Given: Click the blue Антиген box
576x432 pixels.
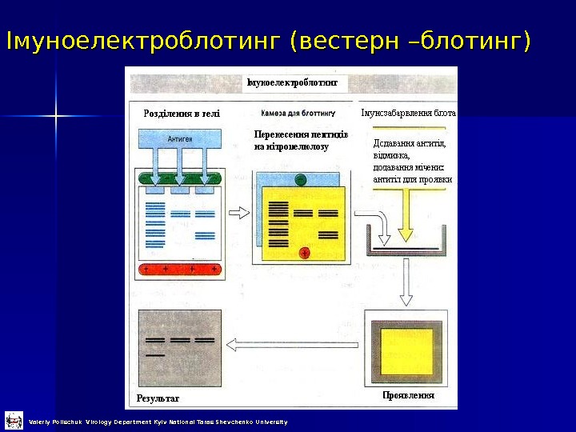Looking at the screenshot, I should click(180, 138).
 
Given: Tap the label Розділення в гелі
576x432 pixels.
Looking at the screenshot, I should click(182, 114).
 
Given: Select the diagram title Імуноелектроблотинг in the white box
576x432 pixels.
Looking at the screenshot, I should click(292, 82).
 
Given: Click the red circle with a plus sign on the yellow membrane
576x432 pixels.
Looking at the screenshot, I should click(304, 254).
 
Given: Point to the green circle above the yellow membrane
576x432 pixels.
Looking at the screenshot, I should click(299, 179).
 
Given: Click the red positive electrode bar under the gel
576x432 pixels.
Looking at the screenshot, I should click(181, 270).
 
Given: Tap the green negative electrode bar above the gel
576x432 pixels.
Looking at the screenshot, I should click(181, 178).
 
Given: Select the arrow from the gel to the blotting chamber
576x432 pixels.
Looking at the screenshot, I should click(239, 213).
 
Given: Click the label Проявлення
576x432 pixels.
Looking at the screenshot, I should click(408, 396).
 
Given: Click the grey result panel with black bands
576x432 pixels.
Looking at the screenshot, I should click(180, 347).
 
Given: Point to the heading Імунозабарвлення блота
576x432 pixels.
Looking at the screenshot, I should click(408, 114).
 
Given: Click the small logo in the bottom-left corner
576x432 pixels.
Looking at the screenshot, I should click(14, 420).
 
